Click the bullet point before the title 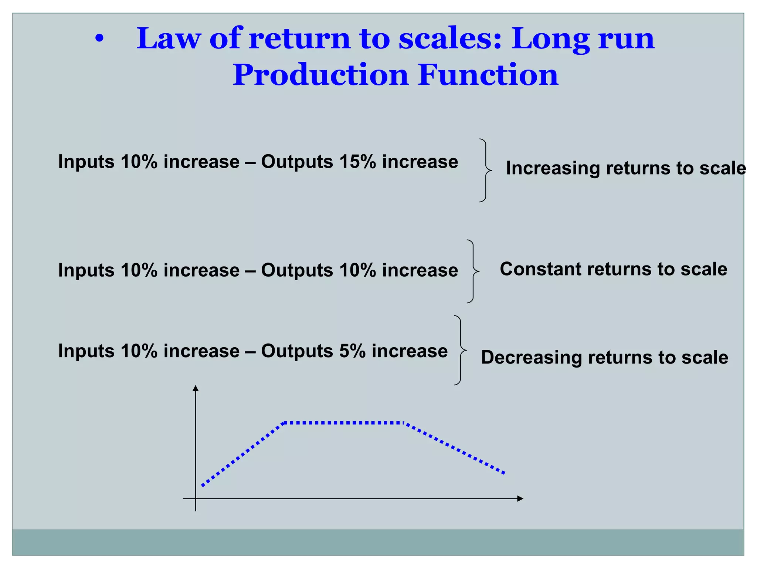[x=99, y=39]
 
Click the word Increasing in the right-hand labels [x=552, y=168]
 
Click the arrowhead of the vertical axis [x=196, y=388]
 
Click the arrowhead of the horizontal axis [x=520, y=498]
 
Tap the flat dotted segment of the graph [x=344, y=422]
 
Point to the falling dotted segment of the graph [x=455, y=448]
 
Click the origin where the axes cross [x=196, y=498]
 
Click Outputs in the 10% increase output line [x=297, y=270]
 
